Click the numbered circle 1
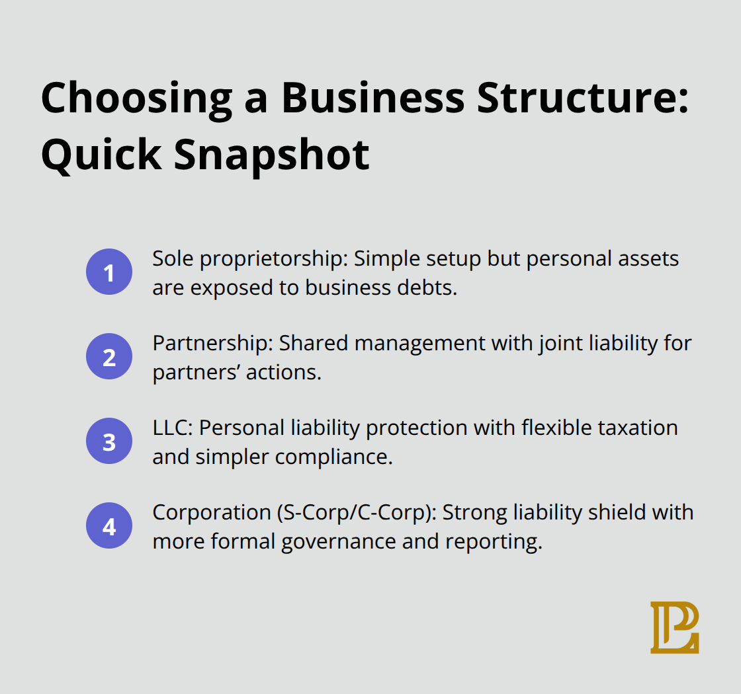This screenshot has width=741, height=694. [109, 272]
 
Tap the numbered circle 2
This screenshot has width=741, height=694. [109, 356]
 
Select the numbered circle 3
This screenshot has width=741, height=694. [109, 441]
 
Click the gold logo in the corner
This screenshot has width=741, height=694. [674, 627]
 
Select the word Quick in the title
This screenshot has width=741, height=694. [99, 155]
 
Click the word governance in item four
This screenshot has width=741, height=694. [335, 542]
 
